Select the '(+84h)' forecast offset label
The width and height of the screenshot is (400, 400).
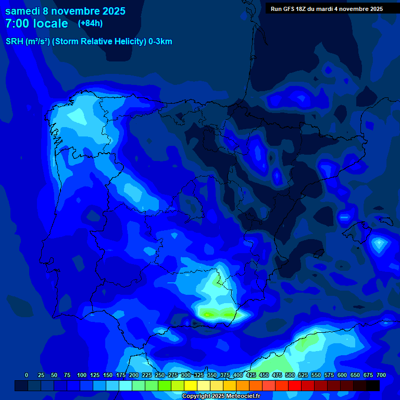pos(90,23)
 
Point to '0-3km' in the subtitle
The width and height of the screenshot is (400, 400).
pos(160,42)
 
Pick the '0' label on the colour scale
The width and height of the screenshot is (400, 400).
pos(27,375)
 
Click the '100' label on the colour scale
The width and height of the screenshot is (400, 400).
pos(82,375)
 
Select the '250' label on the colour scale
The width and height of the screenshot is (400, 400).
pos(160,375)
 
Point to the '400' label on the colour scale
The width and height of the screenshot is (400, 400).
pos(238,375)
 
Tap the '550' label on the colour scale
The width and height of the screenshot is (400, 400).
pos(316,375)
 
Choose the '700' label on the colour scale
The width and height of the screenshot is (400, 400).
pos(381,375)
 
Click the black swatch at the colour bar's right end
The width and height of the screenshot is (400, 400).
pos(373,385)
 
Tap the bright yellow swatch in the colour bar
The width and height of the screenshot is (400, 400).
pos(191,385)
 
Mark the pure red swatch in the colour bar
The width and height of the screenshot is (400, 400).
pos(295,385)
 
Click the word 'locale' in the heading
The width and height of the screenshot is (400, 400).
pos(50,23)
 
